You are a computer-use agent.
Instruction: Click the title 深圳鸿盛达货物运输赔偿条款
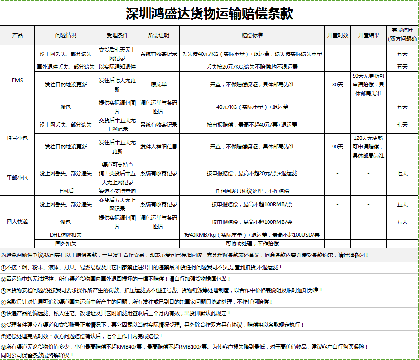click(209, 13)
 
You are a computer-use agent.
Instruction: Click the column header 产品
click(17, 35)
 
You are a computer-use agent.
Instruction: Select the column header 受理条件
click(117, 35)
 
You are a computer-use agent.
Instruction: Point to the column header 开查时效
click(337, 35)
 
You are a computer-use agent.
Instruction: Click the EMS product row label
click(17, 80)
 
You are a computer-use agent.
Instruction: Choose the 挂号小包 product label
click(17, 138)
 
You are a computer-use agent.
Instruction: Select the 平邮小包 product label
click(17, 178)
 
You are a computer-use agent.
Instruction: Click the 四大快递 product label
click(17, 222)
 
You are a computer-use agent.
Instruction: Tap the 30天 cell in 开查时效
click(337, 85)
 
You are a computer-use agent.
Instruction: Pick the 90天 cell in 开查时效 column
click(337, 146)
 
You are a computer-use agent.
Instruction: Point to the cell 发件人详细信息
click(159, 146)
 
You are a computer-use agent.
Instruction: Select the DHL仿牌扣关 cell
click(66, 235)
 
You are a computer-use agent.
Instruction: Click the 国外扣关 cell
click(66, 244)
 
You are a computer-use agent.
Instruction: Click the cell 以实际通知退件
click(117, 67)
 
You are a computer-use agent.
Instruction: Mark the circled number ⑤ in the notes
click(3, 313)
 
